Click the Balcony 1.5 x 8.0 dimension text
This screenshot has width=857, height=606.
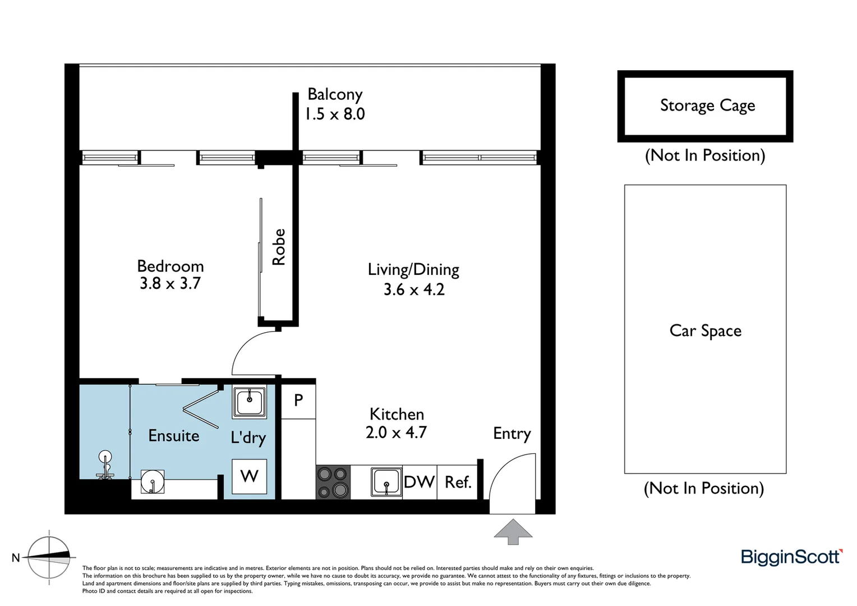tap(335, 114)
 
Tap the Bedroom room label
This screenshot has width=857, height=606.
tap(170, 266)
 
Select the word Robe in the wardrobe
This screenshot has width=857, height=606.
tap(279, 247)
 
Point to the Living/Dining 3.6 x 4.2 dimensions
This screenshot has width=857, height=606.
tap(414, 290)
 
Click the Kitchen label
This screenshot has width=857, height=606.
tap(397, 414)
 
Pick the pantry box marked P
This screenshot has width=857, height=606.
tap(298, 401)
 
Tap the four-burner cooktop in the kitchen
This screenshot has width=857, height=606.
tap(333, 482)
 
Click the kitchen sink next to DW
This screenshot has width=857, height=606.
tap(386, 482)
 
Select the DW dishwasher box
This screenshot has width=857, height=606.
tap(419, 482)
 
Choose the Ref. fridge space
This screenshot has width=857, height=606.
tap(458, 482)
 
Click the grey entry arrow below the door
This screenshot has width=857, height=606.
tap(513, 531)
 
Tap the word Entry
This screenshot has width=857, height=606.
tap(512, 433)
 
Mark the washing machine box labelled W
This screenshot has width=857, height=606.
tap(249, 476)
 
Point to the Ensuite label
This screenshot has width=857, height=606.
tap(173, 436)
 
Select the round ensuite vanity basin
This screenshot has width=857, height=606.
tap(152, 482)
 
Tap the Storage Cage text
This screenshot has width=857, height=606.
tap(707, 105)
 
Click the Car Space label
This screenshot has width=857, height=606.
tap(705, 330)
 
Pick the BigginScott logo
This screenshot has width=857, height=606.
tap(791, 557)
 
